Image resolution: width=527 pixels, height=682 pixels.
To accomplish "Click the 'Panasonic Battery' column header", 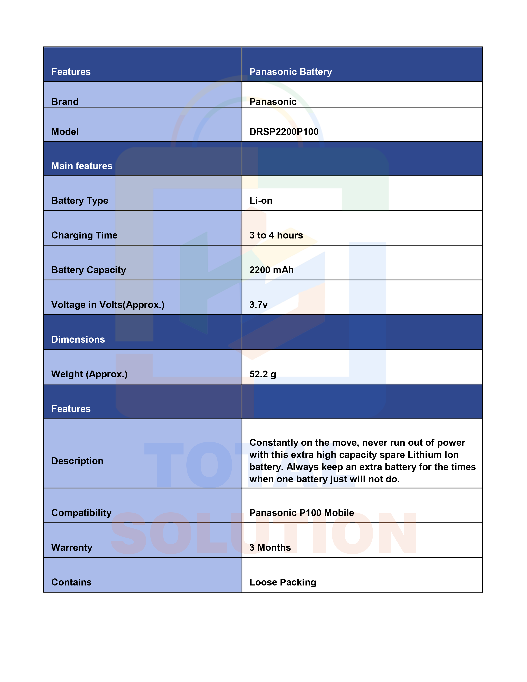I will pos(290,72).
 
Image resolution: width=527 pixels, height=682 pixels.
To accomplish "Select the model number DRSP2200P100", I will pos(284,132).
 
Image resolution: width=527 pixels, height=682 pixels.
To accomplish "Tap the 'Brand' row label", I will pos(65,102).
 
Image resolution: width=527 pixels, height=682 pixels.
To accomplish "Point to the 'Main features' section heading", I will pos(82,166).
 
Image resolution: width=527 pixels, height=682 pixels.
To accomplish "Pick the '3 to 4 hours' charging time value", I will pos(276,235).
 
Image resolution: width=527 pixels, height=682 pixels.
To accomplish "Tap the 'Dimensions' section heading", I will pos(78,339).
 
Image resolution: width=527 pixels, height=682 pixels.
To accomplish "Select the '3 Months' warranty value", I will pos(270,547).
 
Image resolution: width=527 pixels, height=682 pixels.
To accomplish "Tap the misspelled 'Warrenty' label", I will pos(72,547).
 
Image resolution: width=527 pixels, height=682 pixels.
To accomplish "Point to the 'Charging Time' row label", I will pos(84,235).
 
